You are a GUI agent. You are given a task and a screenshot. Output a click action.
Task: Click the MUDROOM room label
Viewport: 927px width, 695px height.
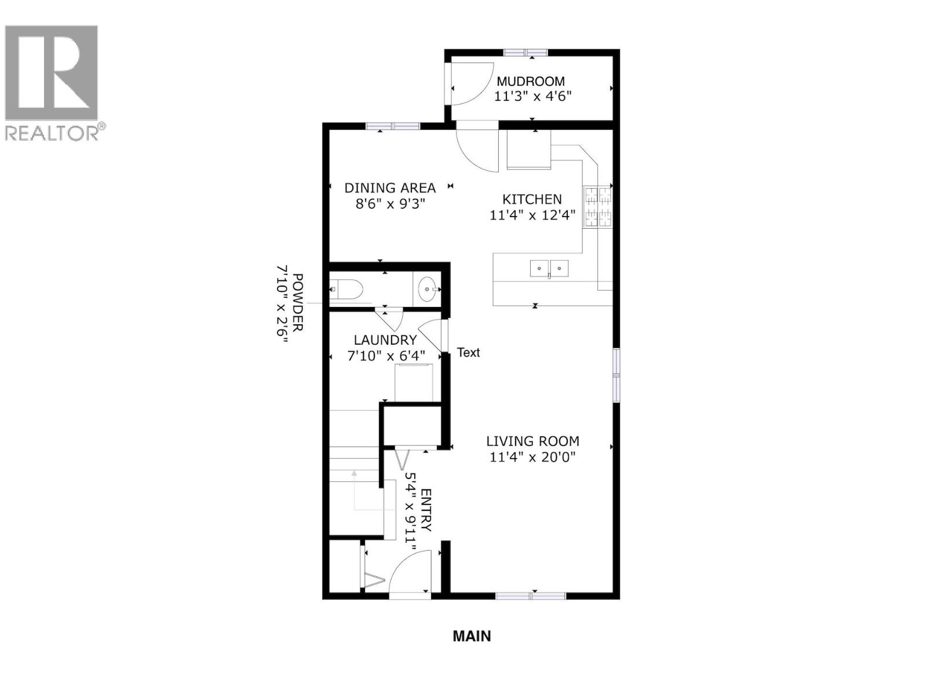530,82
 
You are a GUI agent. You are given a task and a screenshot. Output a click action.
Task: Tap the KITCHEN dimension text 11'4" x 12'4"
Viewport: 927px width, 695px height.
532,215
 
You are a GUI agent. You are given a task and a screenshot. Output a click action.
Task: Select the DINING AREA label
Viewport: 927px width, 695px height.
390,188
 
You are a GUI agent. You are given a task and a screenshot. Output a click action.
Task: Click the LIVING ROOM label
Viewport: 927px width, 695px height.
532,441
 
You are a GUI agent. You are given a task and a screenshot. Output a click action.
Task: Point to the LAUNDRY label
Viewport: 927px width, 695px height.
385,340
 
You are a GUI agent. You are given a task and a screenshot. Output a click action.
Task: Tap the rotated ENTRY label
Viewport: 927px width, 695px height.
426,510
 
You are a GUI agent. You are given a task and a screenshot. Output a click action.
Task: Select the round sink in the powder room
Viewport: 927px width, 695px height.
428,288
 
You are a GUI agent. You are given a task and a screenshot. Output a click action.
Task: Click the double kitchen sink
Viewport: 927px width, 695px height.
549,269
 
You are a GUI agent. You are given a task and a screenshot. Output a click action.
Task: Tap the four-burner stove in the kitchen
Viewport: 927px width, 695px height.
597,206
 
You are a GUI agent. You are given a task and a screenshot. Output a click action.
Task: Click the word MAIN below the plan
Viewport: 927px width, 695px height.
472,636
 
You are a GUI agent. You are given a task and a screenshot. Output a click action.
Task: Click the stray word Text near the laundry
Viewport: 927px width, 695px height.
468,352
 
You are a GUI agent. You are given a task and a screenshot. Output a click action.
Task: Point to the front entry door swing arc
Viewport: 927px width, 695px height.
408,570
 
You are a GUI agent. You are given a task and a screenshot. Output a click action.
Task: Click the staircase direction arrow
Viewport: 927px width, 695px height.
354,475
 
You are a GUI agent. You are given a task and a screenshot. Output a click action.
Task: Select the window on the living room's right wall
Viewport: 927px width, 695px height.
616,375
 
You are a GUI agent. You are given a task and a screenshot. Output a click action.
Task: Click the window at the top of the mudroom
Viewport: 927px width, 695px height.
525,53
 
